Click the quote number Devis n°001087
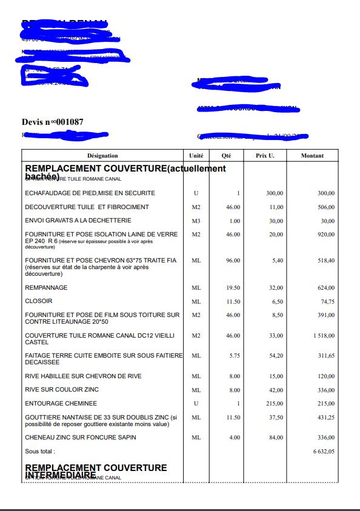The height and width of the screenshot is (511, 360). point(53,122)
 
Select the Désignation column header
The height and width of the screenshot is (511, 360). point(102,156)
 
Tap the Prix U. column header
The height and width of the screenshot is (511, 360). point(265,156)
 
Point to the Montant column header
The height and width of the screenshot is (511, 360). point(312,156)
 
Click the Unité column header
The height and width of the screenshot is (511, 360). point(196,156)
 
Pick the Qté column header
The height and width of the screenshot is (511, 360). point(227,156)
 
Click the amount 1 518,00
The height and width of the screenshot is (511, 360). point(321,335)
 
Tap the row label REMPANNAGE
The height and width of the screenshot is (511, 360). point(46,287)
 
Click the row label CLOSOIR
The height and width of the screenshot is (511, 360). point(39,301)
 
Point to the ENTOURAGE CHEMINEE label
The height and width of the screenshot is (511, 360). point(61,403)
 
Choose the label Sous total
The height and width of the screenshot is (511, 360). point(40,452)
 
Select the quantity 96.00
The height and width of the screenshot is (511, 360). point(231,261)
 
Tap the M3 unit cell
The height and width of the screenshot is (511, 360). point(196,221)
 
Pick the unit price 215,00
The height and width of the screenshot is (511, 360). point(274,403)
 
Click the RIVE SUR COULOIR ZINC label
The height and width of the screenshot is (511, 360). point(62,389)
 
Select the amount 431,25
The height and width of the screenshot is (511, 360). point(325,418)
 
